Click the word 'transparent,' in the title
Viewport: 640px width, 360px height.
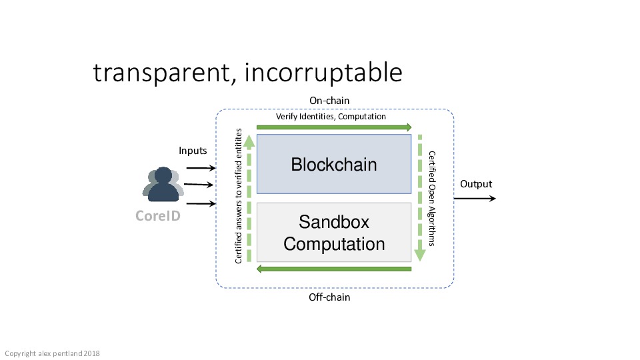pos(165,73)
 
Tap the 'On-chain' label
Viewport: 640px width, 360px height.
pos(329,101)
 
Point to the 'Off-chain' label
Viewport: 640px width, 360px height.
pos(329,297)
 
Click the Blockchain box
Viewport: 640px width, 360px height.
pos(334,164)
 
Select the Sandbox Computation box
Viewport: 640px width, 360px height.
pos(334,232)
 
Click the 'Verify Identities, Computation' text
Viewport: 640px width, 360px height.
pos(331,117)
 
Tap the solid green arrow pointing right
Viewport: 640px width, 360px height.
pos(334,127)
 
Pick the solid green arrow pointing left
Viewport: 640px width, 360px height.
pos(334,269)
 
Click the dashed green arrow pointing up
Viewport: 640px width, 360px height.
pos(249,198)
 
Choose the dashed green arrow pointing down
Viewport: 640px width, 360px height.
pos(419,198)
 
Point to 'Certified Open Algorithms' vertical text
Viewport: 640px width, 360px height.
pos(432,199)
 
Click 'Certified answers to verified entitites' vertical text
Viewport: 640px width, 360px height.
pos(239,196)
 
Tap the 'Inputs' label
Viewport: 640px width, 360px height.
pos(193,151)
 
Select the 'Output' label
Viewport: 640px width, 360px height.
pos(476,184)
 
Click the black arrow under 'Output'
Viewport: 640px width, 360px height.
pos(475,199)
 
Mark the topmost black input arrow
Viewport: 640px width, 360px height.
pos(201,168)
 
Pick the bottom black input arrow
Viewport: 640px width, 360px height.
pos(201,203)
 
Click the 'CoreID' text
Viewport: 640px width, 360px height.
pos(158,215)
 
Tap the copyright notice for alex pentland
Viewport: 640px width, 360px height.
pos(52,353)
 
